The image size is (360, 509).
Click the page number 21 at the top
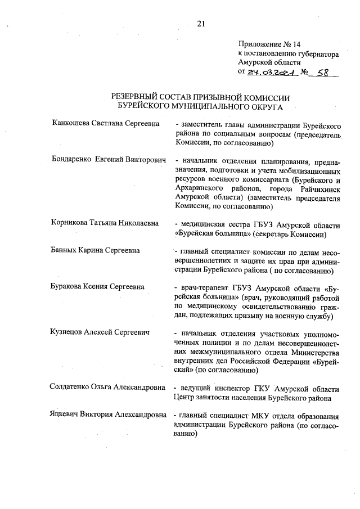[201, 23]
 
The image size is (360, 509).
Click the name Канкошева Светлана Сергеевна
[105, 124]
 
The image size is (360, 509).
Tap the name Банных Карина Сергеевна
[95, 250]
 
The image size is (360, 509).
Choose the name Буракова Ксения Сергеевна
[97, 286]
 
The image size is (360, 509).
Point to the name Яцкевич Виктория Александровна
[108, 416]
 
